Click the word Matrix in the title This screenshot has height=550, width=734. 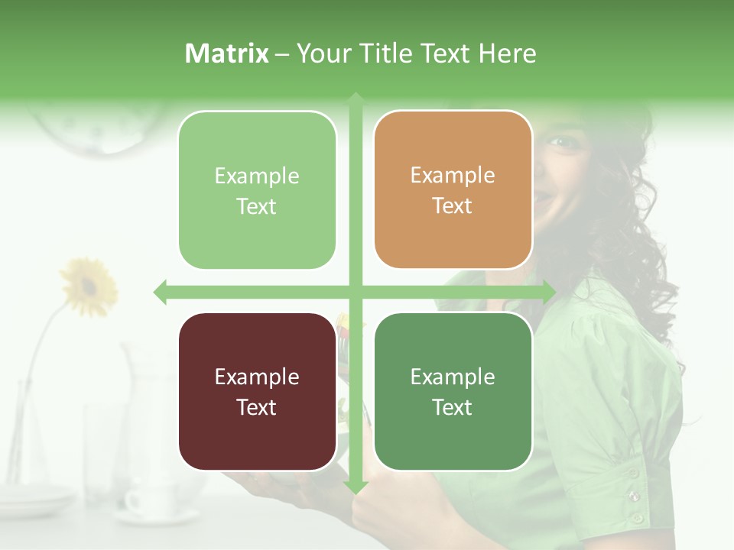(226, 53)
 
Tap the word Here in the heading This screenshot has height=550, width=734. (507, 53)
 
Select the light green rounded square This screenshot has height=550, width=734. (257, 190)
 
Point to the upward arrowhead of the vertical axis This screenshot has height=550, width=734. (356, 99)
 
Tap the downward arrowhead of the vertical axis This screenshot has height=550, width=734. (356, 487)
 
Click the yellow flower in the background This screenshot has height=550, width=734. (89, 286)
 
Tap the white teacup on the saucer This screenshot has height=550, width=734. (145, 501)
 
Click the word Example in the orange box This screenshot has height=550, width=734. (453, 175)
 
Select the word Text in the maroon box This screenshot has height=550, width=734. (256, 407)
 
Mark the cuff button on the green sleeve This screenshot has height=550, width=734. (634, 497)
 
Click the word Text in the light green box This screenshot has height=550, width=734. (256, 206)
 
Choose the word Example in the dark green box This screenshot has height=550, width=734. (453, 377)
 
